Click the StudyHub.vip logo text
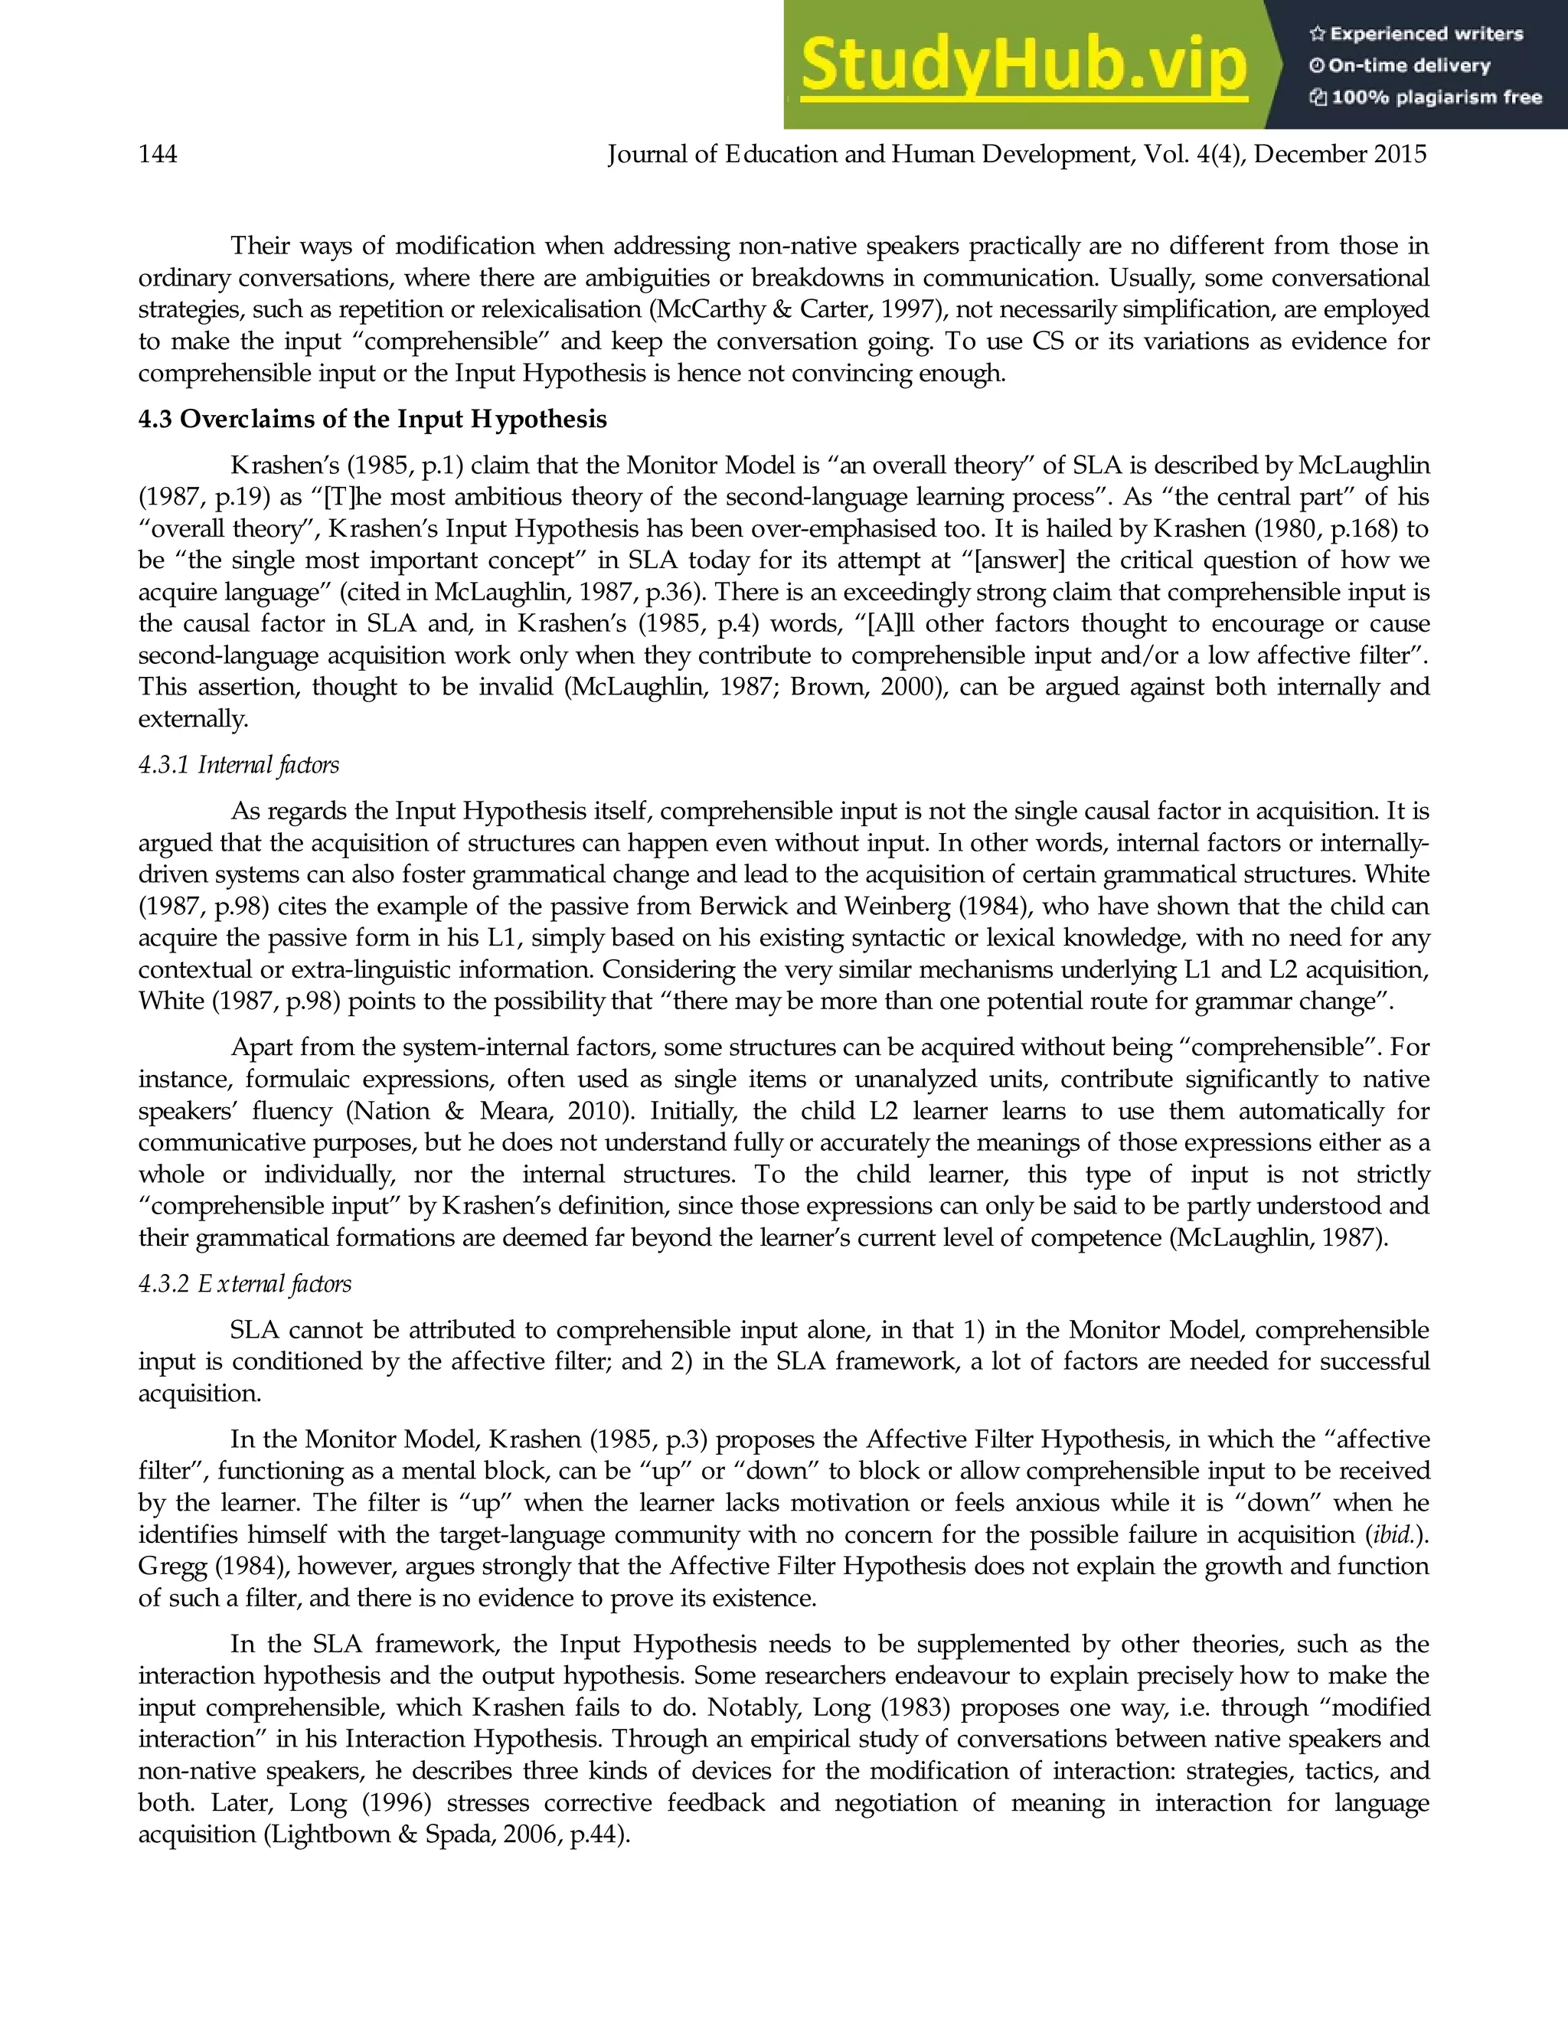click(x=1022, y=65)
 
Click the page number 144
click(x=158, y=154)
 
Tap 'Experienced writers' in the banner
click(x=1426, y=34)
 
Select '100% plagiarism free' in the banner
click(x=1436, y=97)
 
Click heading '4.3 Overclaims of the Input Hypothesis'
click(x=371, y=419)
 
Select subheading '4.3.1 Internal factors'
click(x=239, y=765)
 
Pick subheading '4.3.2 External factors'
click(x=245, y=1284)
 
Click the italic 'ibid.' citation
click(x=1396, y=1534)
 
